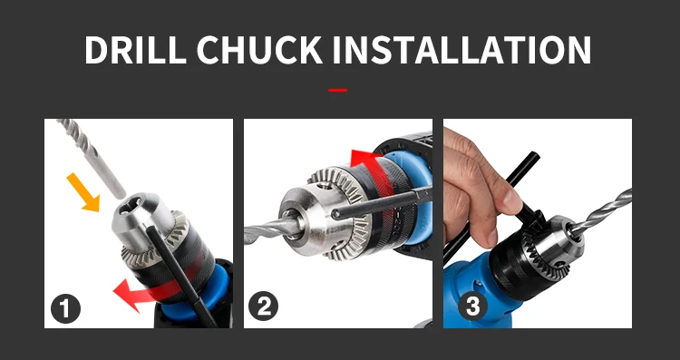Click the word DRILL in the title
tap(135, 50)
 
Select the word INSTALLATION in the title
tap(461, 50)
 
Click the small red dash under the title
tap(337, 90)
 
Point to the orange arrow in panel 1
tap(83, 192)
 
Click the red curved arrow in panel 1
tap(156, 287)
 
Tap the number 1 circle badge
tap(65, 309)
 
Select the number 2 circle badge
tap(263, 306)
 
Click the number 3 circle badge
tap(472, 306)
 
